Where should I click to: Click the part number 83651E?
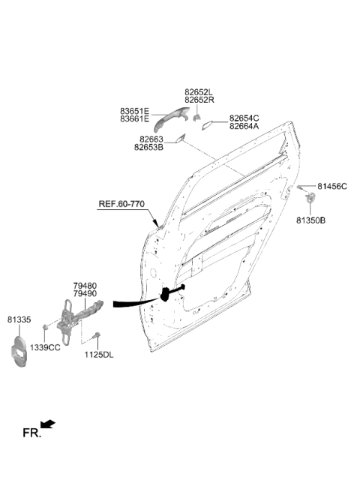coord(135,112)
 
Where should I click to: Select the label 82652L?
coord(198,92)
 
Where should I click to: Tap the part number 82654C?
coord(244,118)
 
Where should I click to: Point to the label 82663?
coord(151,139)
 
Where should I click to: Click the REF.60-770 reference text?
coord(121,204)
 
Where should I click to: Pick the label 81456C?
coord(332,187)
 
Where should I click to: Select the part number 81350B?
coord(310,220)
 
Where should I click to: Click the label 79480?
coord(85,286)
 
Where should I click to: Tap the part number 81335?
coord(19,319)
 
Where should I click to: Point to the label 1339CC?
coord(45,348)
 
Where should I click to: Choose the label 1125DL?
coord(98,355)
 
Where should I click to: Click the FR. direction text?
coord(31,433)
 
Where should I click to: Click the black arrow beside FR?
coord(48,424)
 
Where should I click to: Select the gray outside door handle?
coord(172,118)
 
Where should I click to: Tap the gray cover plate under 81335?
coord(19,352)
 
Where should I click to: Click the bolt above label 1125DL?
coord(96,335)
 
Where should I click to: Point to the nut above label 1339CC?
coord(45,328)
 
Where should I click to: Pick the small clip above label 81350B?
coord(310,197)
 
